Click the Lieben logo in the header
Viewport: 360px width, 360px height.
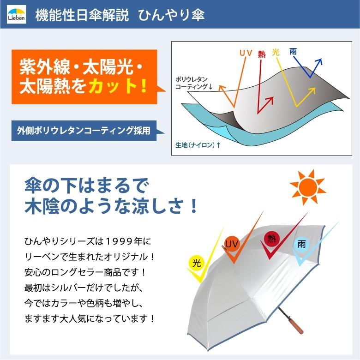(x=16, y=15)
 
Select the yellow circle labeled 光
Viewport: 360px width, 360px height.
(x=197, y=264)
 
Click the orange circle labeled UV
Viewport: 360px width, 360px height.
(x=232, y=244)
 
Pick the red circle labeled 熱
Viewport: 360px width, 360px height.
(x=271, y=239)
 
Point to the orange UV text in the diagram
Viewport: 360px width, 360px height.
(x=246, y=53)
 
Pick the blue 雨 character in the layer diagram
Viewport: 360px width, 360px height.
(x=293, y=51)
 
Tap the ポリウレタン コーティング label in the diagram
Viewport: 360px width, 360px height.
(x=193, y=83)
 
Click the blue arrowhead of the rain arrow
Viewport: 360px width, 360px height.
(x=318, y=61)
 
